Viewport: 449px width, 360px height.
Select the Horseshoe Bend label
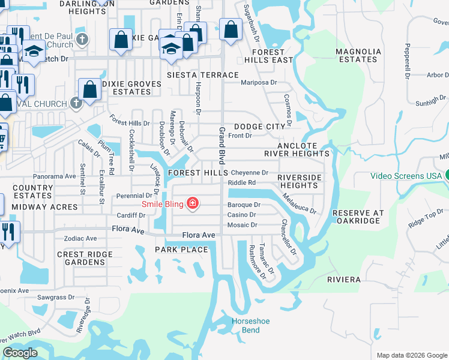(x=251, y=326)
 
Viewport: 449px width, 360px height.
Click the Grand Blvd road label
(x=221, y=146)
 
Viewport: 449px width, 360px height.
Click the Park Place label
(x=181, y=250)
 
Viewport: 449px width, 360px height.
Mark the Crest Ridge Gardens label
(x=85, y=258)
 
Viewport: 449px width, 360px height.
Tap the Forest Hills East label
(x=268, y=56)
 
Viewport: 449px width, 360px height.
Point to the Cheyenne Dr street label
(x=249, y=173)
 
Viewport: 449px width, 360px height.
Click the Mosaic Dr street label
(x=242, y=225)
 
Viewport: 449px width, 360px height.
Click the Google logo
(x=20, y=353)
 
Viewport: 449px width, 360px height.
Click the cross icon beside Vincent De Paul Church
(x=83, y=40)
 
